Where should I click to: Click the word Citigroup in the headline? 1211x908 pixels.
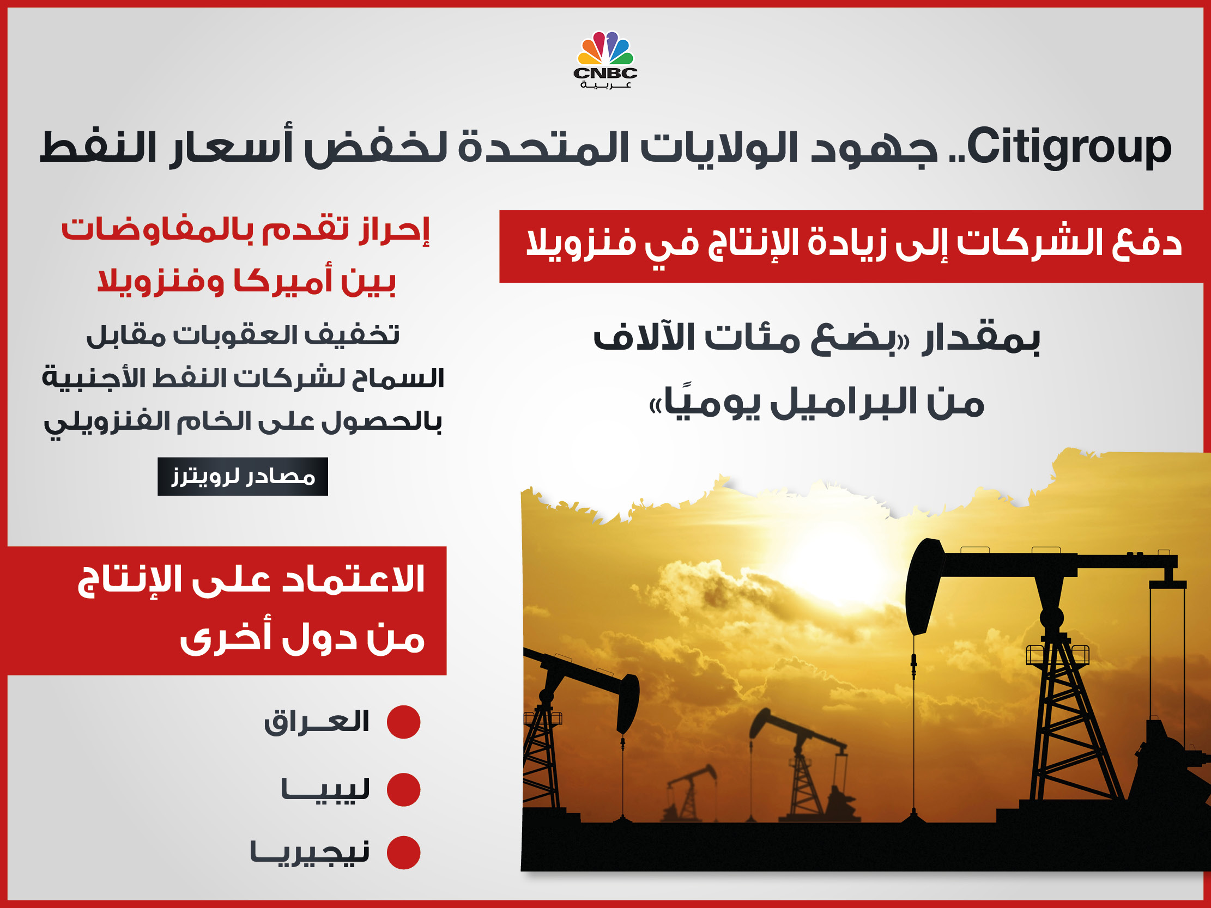(x=1069, y=147)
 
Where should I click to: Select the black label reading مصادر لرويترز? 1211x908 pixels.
(x=243, y=476)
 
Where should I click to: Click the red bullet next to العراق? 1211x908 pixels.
(x=403, y=722)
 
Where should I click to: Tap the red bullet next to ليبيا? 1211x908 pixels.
(x=403, y=789)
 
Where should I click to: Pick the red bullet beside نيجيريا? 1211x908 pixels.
(x=403, y=852)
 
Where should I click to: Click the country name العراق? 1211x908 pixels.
(x=317, y=722)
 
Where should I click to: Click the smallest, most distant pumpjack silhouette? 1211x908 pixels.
(x=691, y=794)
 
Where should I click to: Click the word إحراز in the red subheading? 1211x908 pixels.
(x=395, y=230)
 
